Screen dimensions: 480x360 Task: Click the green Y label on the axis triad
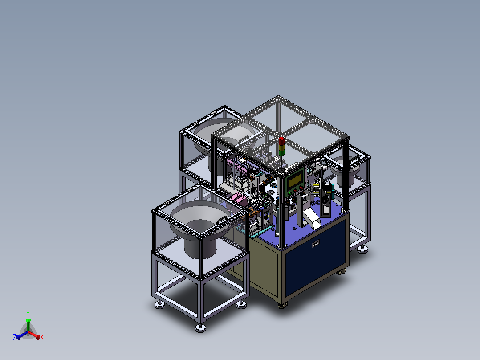(x=28, y=313)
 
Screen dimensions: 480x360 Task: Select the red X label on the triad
(x=42, y=337)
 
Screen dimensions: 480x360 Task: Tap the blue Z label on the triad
(x=15, y=337)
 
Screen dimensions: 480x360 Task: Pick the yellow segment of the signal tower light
(x=281, y=147)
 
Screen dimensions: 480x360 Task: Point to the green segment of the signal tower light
(x=281, y=152)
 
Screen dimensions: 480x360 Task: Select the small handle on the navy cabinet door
(x=316, y=244)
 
